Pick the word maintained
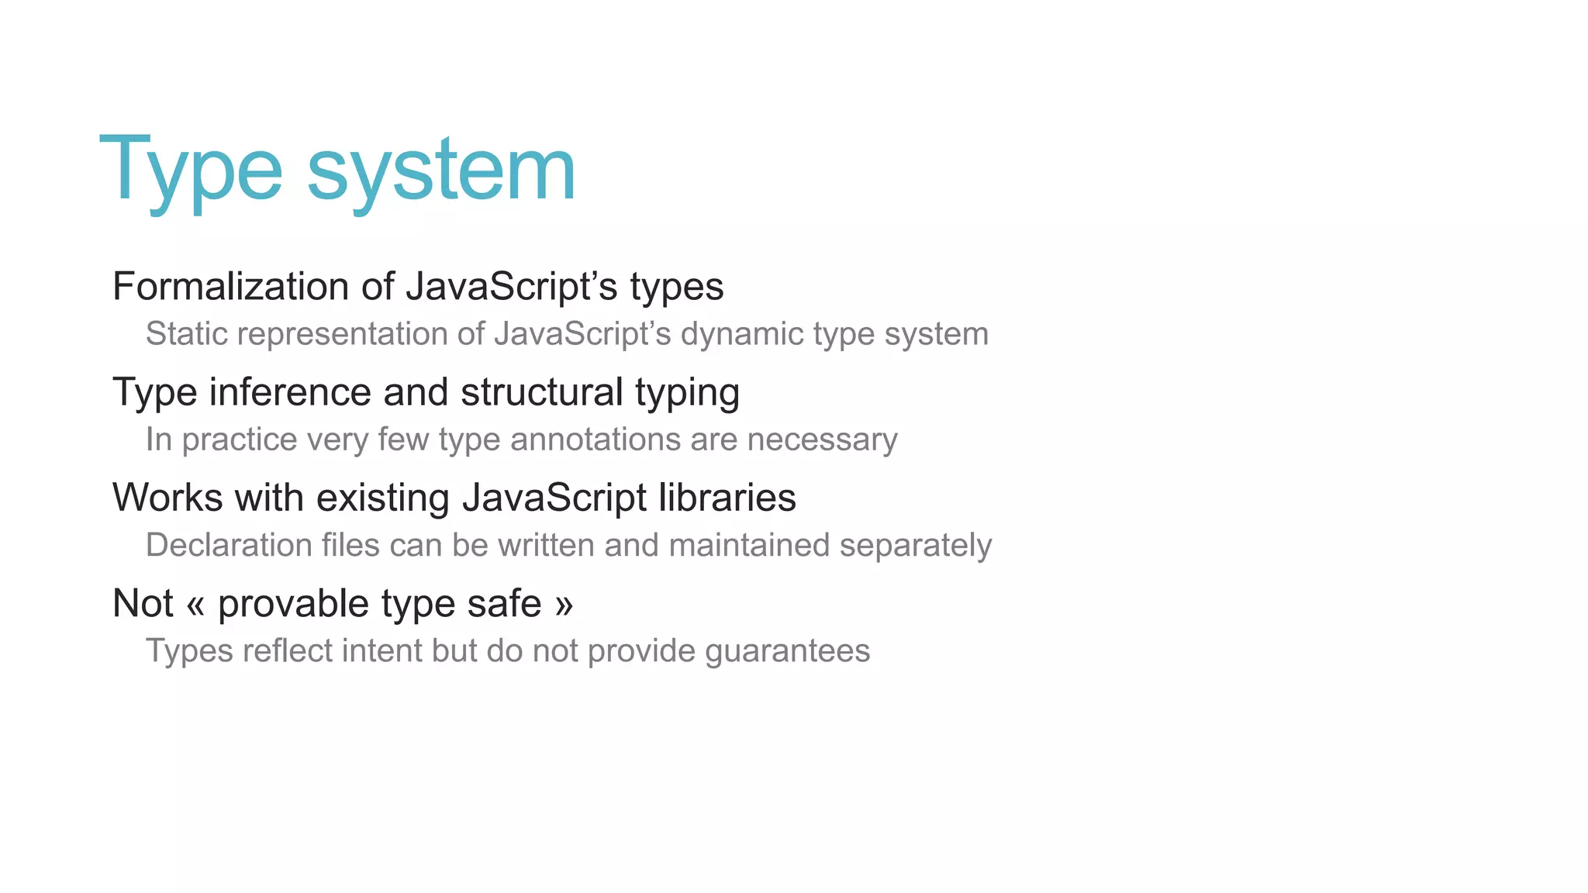pos(749,545)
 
